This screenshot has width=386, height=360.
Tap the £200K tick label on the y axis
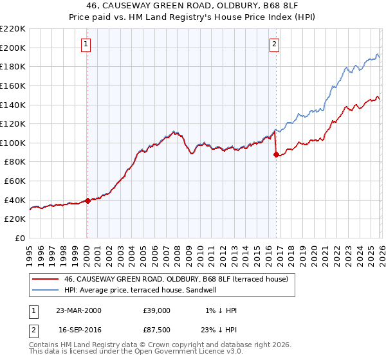click(x=13, y=48)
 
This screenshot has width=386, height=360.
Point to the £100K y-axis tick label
click(x=13, y=143)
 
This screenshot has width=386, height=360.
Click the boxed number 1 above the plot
click(x=86, y=44)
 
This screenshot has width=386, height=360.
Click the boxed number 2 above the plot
click(x=275, y=44)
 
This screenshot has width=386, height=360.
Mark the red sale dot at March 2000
click(x=88, y=201)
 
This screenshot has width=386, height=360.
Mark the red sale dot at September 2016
click(x=276, y=154)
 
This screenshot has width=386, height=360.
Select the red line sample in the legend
click(x=45, y=279)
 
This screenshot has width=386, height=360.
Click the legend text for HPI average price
click(x=140, y=290)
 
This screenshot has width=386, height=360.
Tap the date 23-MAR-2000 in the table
click(x=78, y=310)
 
